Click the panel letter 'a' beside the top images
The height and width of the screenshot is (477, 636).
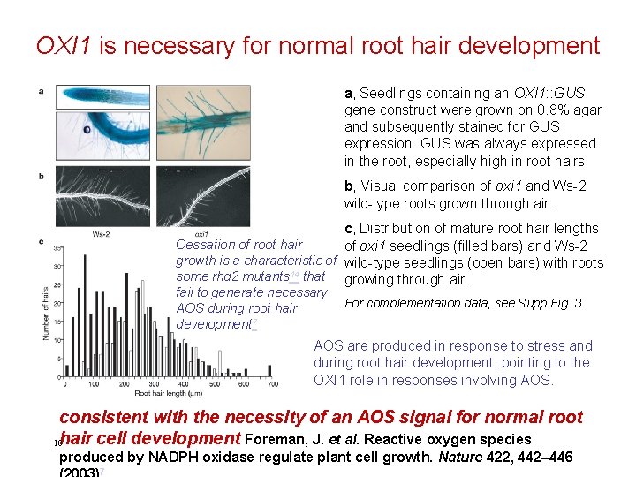[41, 92]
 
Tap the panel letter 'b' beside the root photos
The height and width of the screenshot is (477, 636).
[41, 176]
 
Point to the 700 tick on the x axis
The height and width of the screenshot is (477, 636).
[272, 386]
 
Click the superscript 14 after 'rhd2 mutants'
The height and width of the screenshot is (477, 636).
[295, 276]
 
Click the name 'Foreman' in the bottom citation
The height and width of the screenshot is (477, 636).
[276, 440]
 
